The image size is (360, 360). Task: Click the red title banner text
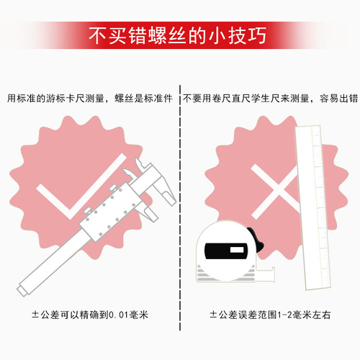180,35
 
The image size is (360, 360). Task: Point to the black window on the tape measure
228,251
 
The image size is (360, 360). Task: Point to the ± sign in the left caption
35,315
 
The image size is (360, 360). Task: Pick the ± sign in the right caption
213,315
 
